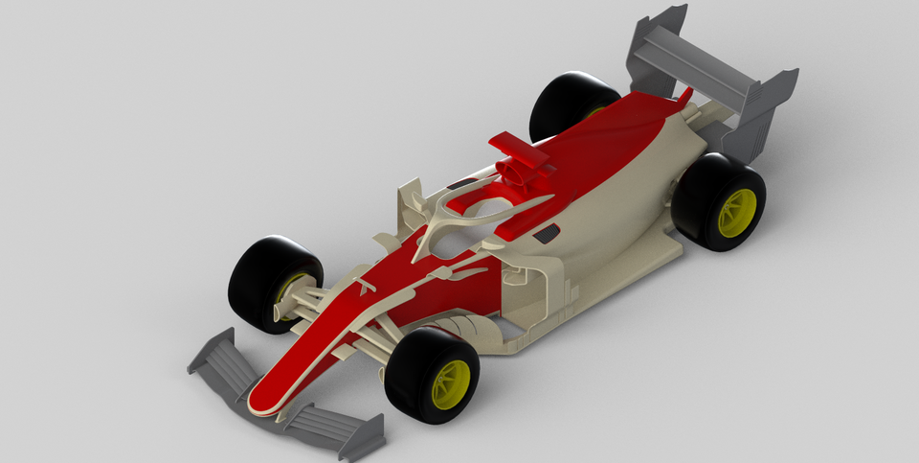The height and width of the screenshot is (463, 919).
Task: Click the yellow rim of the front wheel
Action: tap(450, 383)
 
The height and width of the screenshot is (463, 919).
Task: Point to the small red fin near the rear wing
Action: tap(684, 95)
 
